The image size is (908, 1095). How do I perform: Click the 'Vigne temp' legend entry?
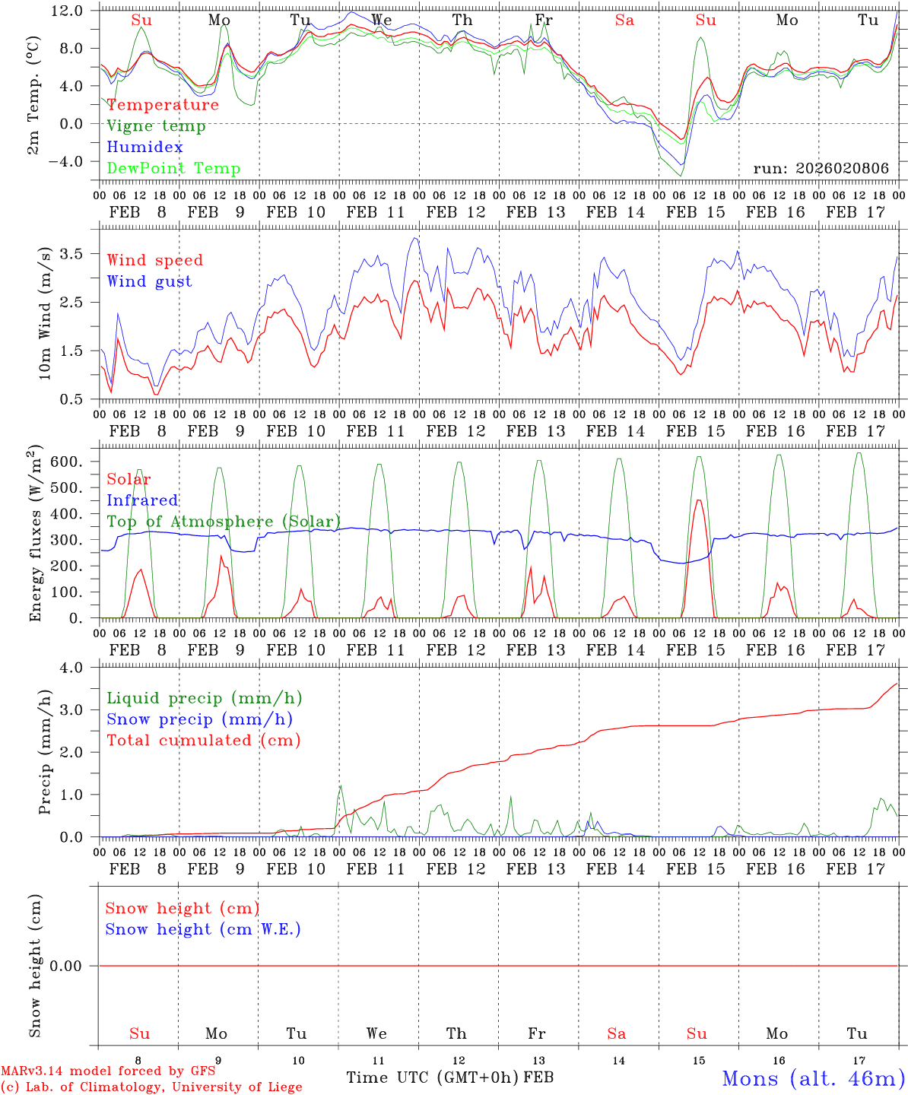(156, 126)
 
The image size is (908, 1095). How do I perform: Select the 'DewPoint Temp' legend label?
(173, 169)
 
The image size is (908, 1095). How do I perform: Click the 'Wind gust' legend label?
(149, 281)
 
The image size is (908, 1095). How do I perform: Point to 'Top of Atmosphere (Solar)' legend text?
(224, 522)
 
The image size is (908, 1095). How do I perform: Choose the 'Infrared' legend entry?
(142, 500)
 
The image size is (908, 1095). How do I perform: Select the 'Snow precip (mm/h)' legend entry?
(199, 719)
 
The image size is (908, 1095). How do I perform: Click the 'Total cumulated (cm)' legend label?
(203, 741)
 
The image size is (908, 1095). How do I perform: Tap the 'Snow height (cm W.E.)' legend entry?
(203, 929)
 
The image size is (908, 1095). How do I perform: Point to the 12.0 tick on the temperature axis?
(76, 11)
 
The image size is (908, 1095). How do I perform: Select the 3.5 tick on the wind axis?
(81, 253)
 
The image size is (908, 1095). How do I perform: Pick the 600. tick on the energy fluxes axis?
(76, 462)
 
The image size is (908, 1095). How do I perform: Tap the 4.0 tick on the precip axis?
(81, 668)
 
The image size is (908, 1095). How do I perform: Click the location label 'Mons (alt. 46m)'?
(813, 1078)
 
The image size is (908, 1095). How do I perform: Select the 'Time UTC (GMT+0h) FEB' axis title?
(449, 1078)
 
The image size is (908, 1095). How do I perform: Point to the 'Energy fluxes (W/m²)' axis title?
(36, 535)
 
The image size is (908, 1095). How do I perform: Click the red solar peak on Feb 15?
(698, 500)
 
